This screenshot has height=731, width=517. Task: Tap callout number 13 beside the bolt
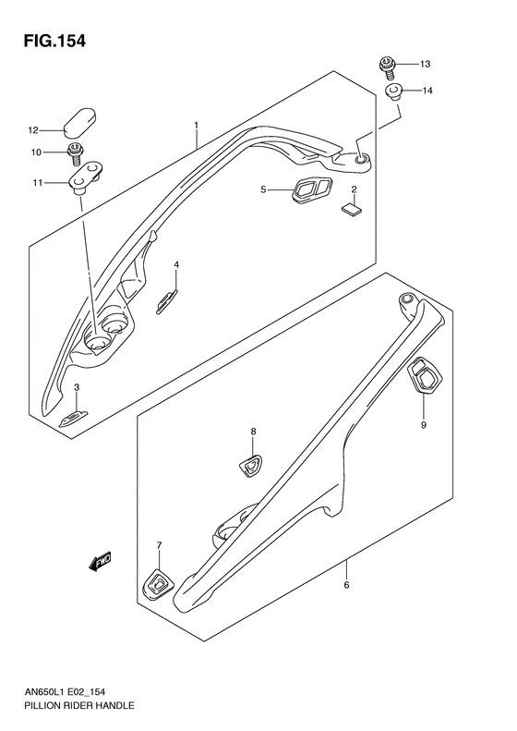coord(425,64)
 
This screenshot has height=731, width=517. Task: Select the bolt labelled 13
coord(385,64)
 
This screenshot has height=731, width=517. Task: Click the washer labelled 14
coord(393,91)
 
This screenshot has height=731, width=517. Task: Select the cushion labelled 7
coord(158,583)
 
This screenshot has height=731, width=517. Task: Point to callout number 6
coord(346,585)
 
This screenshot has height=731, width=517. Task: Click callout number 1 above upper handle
coord(196,123)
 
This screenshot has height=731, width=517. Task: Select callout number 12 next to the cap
coord(31,129)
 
